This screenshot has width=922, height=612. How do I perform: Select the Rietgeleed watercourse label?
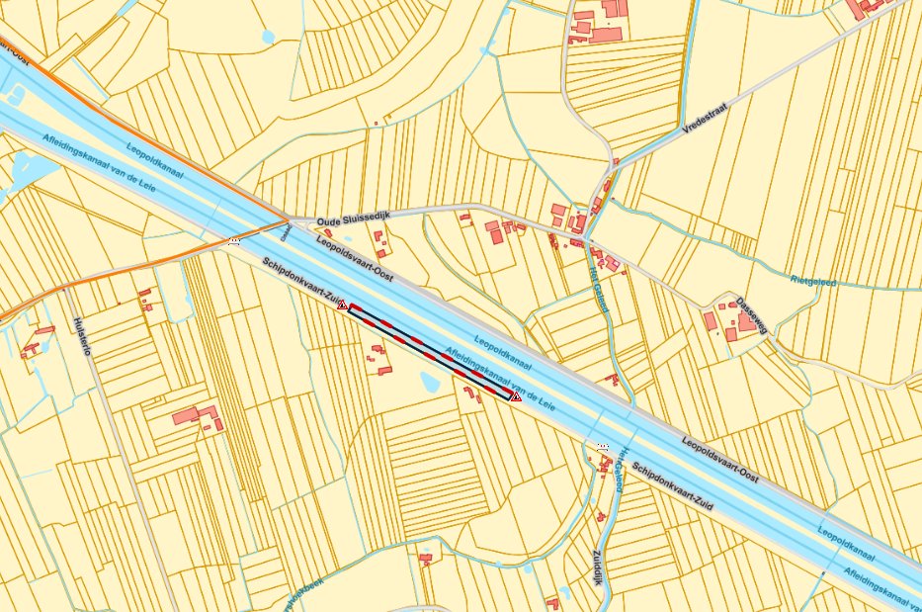[x=813, y=281]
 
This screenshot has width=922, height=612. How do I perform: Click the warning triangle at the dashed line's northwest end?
[x=342, y=306]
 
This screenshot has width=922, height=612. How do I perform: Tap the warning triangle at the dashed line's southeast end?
[x=515, y=396]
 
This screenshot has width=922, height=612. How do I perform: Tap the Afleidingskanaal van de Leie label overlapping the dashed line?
[x=497, y=377]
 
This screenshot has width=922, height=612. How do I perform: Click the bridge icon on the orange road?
[x=234, y=240]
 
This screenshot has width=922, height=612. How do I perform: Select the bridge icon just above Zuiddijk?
[x=602, y=447]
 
